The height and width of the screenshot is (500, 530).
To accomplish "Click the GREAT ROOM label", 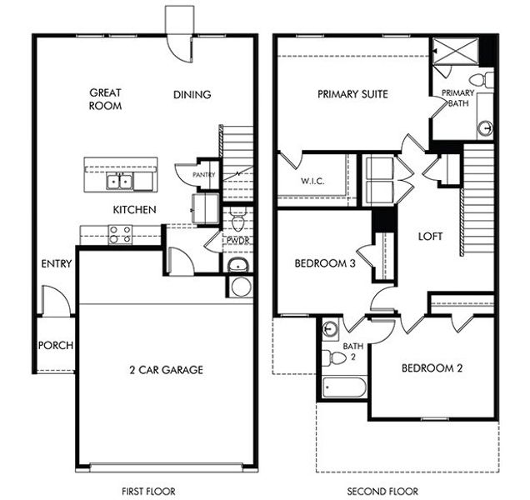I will [106, 100].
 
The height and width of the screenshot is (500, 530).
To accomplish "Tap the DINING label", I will [192, 95].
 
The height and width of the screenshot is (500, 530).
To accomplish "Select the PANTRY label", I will [204, 175].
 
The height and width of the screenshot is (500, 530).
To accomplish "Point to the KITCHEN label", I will [134, 209].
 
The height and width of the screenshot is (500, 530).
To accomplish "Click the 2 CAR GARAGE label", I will [165, 370].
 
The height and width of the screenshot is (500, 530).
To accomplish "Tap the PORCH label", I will [56, 346].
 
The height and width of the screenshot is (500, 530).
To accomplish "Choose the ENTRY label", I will [56, 264].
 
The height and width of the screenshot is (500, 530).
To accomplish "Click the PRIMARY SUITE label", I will [353, 94].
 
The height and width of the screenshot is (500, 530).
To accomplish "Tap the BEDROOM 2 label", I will [432, 367].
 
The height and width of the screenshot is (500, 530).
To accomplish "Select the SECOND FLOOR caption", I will [382, 492].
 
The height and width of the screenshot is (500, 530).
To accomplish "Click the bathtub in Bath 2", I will [343, 387].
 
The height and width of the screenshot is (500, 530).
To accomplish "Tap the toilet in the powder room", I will [237, 222].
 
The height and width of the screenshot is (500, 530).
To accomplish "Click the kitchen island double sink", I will [122, 181].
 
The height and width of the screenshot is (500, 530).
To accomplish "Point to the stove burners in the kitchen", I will [120, 234].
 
